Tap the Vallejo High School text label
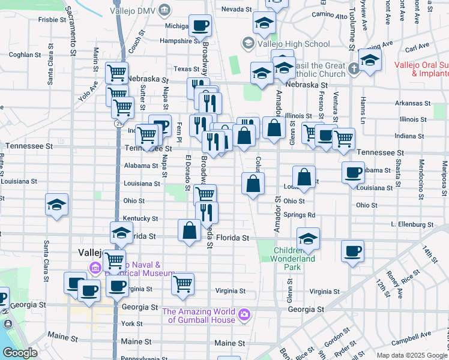293,44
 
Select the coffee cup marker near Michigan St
200,26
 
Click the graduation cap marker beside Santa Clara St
56,205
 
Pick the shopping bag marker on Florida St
189,231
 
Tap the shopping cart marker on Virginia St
183,284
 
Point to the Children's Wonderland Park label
294,254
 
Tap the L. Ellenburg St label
411,224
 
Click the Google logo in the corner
20,352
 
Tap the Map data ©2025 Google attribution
411,355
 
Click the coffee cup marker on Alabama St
352,173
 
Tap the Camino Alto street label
326,13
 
